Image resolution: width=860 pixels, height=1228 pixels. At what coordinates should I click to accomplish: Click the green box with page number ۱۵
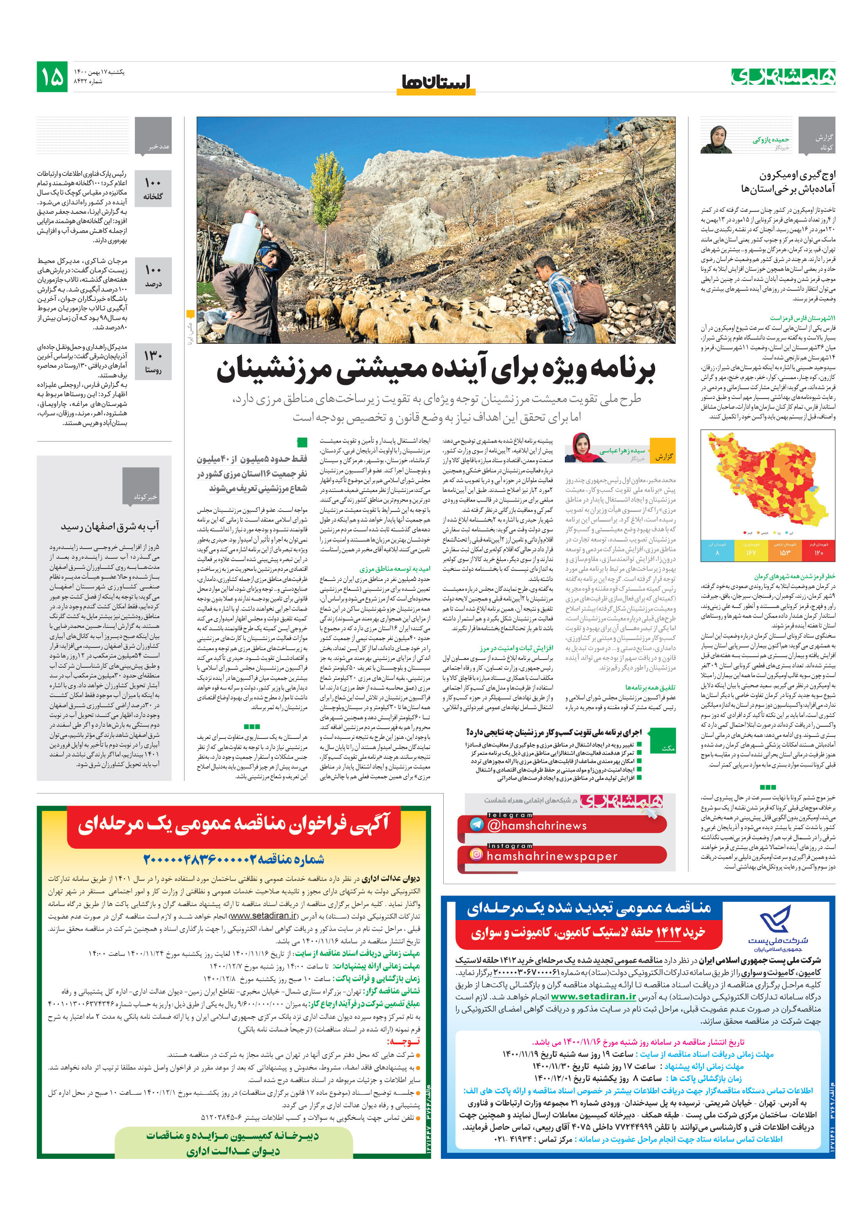click(52, 77)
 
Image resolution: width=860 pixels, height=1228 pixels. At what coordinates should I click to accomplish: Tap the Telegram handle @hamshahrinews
click(536, 825)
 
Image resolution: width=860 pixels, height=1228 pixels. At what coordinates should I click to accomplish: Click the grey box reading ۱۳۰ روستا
click(153, 361)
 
